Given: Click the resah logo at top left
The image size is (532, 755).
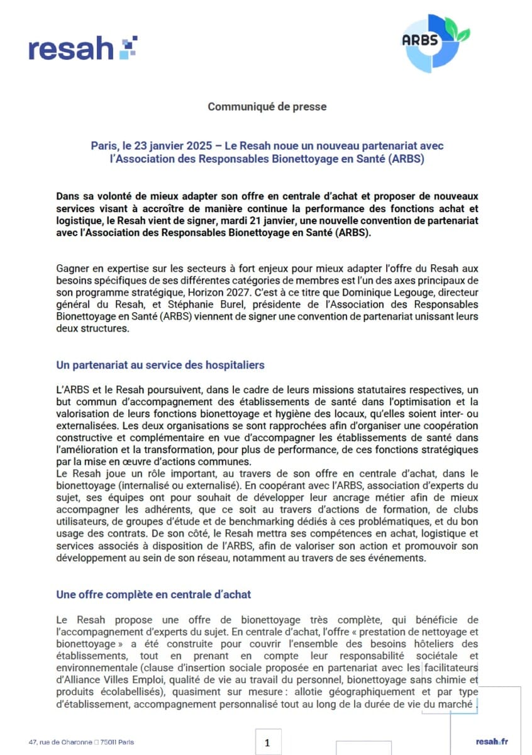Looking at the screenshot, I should click(x=82, y=49).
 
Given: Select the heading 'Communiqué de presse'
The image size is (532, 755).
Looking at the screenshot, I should click(x=267, y=107).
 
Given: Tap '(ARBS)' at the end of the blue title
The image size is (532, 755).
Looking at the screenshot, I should click(x=407, y=159).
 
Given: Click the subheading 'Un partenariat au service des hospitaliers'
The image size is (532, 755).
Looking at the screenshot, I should click(x=160, y=365).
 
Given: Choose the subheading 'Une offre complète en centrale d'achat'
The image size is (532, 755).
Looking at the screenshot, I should click(x=154, y=594).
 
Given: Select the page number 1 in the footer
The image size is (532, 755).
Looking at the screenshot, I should click(x=267, y=743).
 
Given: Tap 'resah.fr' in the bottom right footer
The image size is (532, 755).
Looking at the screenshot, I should click(x=492, y=742).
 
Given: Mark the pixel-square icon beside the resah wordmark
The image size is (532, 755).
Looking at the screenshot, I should click(x=128, y=47).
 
